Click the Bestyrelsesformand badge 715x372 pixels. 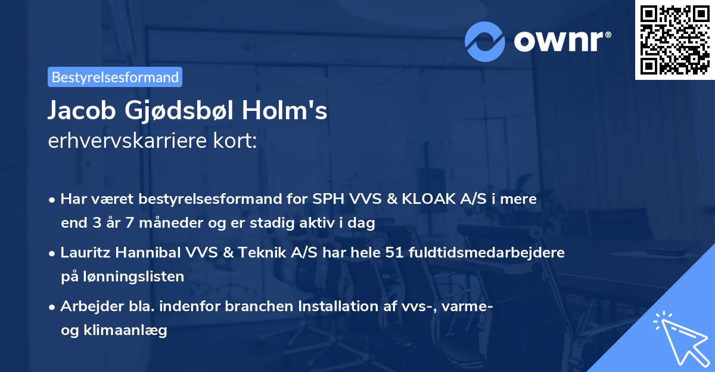pyautogui.click(x=115, y=77)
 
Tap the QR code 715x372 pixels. pyautogui.click(x=674, y=39)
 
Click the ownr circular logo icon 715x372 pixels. pyautogui.click(x=485, y=42)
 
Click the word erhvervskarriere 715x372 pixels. pyautogui.click(x=121, y=142)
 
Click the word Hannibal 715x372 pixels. pyautogui.click(x=142, y=253)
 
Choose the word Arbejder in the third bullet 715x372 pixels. pyautogui.click(x=87, y=306)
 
